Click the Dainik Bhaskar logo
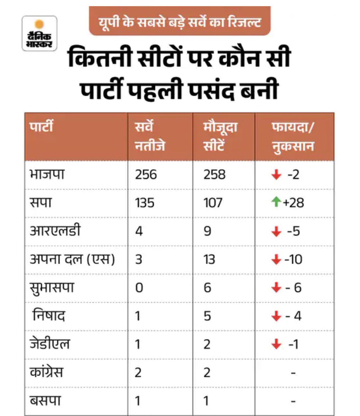[x=39, y=33]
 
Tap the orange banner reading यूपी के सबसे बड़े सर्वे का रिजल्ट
[x=179, y=22]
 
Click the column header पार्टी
[x=41, y=127]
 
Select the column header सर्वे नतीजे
[x=150, y=136]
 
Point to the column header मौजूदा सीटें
[x=220, y=136]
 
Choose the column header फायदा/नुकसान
[x=293, y=136]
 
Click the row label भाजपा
[x=47, y=174]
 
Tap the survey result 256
[x=146, y=174]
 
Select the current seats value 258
[x=214, y=174]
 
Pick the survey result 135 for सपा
[x=145, y=203]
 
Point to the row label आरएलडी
[x=55, y=231]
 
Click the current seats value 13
[x=209, y=259]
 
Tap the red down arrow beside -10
[x=276, y=259]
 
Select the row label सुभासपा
[x=52, y=288]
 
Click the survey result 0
[x=139, y=288]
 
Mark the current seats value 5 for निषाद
[x=207, y=316]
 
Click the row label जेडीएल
[x=50, y=344]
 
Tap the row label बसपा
[x=45, y=401]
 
